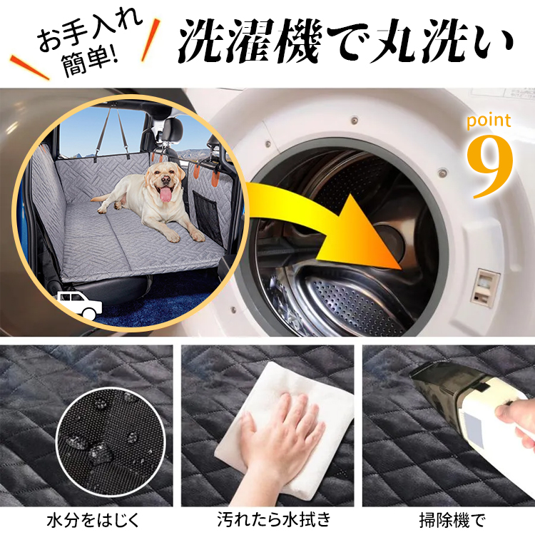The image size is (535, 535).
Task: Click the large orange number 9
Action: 491,166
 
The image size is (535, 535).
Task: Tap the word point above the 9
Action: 490,121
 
